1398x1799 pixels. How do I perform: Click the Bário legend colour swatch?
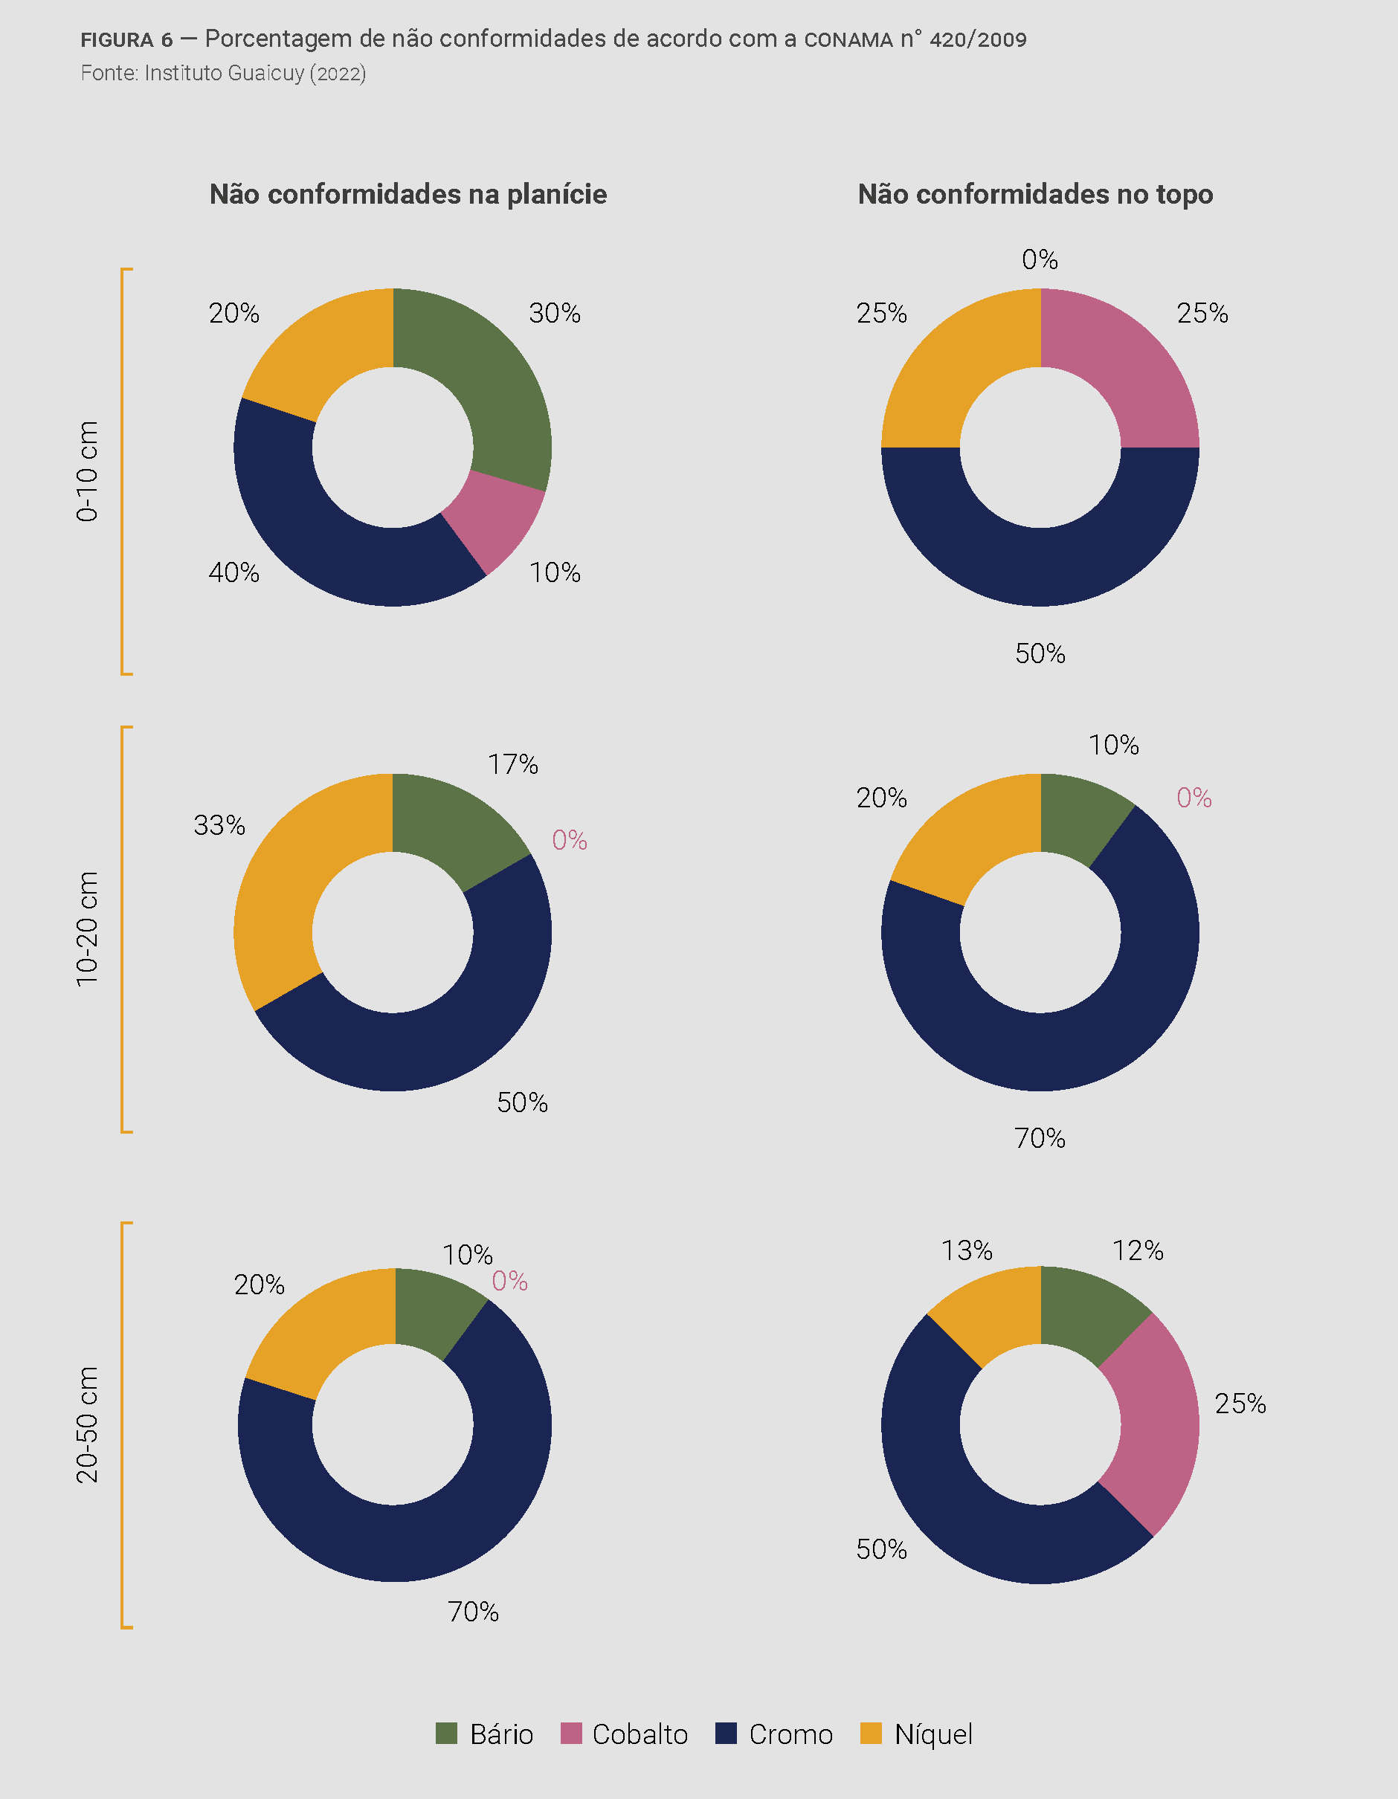tap(445, 1733)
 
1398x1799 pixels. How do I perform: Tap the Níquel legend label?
tap(932, 1734)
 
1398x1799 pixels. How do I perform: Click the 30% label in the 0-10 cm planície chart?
tap(555, 313)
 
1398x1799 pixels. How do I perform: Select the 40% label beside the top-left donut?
tap(234, 572)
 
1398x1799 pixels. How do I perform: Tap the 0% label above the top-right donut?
tap(1040, 259)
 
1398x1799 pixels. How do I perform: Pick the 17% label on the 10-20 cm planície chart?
tap(512, 764)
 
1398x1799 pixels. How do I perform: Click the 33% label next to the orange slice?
tap(219, 825)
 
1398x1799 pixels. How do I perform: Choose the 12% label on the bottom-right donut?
tap(1138, 1250)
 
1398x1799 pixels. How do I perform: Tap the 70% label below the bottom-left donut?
tap(473, 1612)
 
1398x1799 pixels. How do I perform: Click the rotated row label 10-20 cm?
tap(87, 928)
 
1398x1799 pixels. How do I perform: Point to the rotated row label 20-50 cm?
tap(87, 1425)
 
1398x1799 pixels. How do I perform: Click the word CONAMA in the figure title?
tap(848, 39)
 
